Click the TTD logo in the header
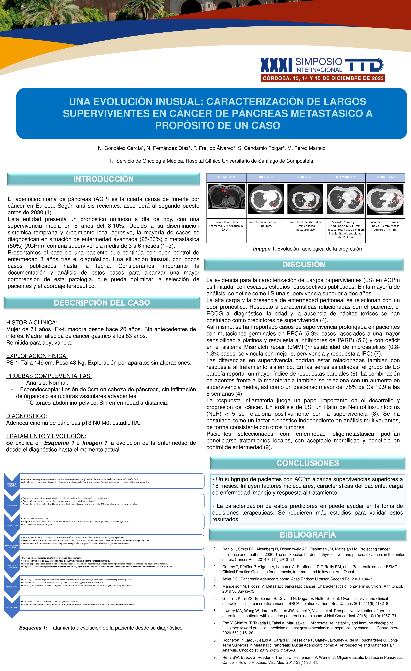[x=364, y=65]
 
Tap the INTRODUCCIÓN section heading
[x=103, y=179]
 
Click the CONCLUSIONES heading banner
[x=308, y=463]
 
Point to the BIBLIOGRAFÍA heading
[x=308, y=535]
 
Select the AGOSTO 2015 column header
[x=226, y=177]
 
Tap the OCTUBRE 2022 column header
[x=385, y=177]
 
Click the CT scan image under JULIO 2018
[x=266, y=199]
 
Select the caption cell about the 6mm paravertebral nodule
[x=306, y=226]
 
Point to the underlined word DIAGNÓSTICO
[x=26, y=416]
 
